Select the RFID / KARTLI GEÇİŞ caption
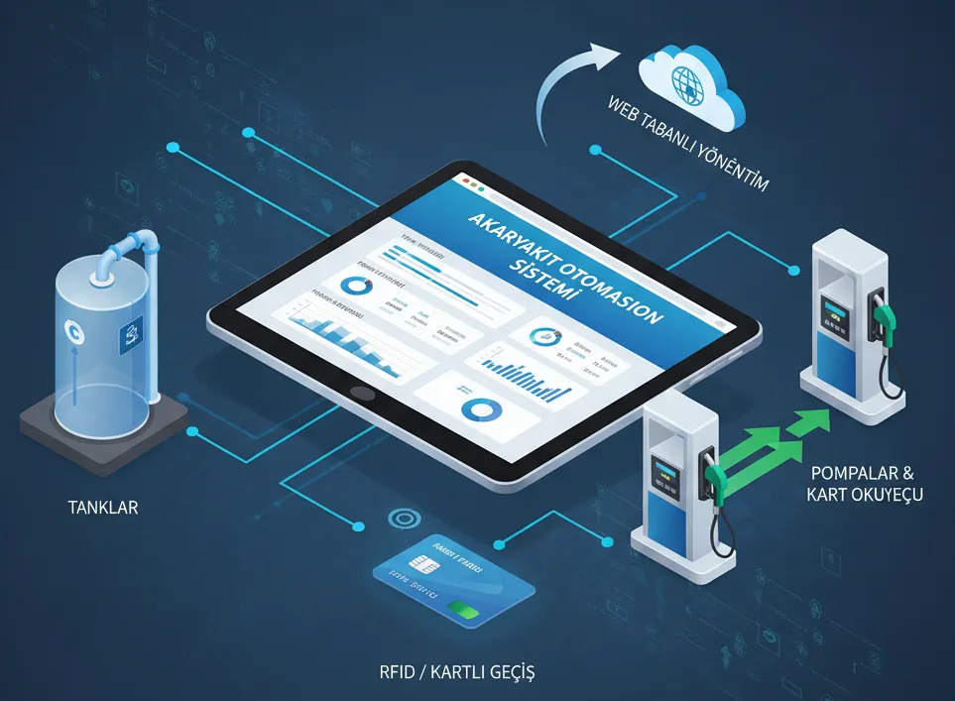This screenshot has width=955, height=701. click(x=459, y=672)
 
